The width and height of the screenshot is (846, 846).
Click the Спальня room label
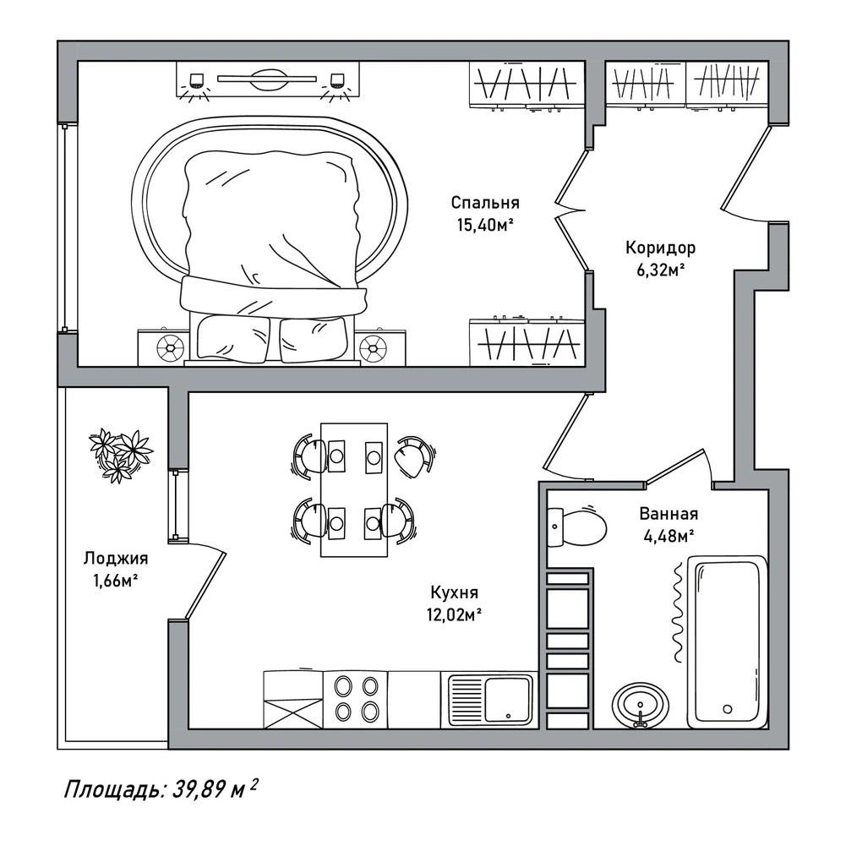(485, 204)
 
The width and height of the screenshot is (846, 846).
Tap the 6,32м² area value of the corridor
(661, 270)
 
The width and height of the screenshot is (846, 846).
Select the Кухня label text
(455, 592)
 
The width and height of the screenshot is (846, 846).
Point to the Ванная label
(669, 514)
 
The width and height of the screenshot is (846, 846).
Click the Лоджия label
(116, 558)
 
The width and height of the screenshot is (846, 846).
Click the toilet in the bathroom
(577, 526)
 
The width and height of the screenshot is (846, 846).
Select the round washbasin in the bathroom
(641, 705)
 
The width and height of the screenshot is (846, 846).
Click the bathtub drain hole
(728, 709)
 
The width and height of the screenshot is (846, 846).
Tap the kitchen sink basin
(508, 699)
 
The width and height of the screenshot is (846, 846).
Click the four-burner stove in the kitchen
(356, 700)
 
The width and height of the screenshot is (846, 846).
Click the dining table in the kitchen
(354, 489)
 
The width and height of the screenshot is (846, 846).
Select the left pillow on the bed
(233, 338)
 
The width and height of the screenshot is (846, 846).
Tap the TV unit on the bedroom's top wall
(268, 79)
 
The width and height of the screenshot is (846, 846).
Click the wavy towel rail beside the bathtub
(678, 612)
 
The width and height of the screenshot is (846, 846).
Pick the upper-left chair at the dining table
(309, 456)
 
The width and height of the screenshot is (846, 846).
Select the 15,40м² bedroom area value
(484, 225)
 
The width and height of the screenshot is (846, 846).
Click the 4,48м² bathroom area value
(669, 535)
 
